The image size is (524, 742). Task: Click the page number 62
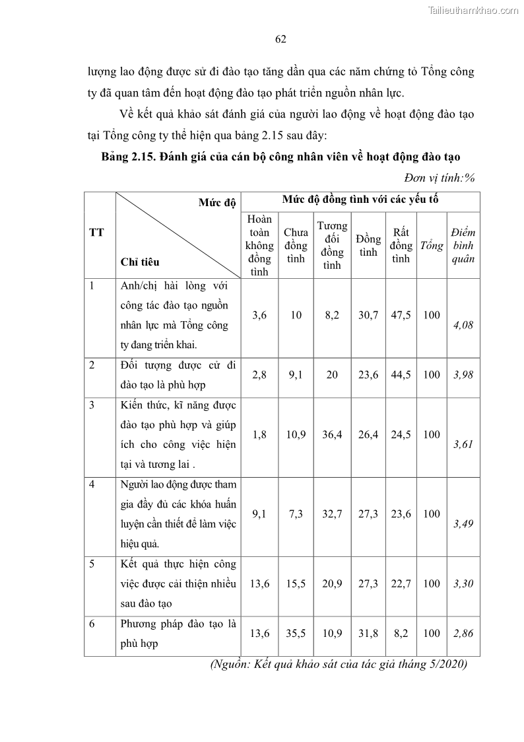pos(280,39)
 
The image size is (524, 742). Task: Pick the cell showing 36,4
pos(332,434)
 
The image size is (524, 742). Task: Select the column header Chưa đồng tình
pos(296,245)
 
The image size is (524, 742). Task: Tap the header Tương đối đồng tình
pos(332,245)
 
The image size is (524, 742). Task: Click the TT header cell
pos(96,233)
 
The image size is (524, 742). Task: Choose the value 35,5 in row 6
pos(296,633)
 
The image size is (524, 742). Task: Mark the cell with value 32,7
pos(332,513)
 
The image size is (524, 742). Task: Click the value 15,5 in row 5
pos(296,583)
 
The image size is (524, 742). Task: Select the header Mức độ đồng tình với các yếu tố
pos(360,199)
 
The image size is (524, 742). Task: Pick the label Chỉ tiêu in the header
pos(140,262)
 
